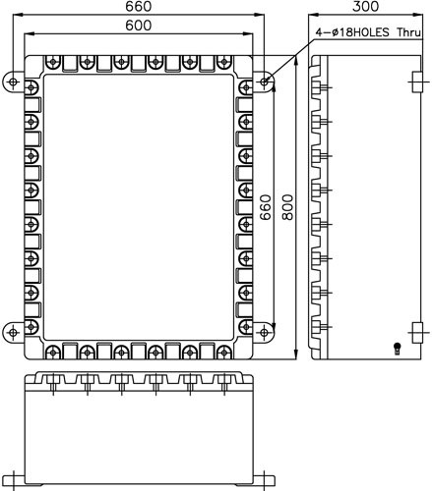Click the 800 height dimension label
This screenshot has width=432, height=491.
point(287,207)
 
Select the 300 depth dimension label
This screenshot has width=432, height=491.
point(365,6)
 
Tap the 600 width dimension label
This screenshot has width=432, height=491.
point(139,26)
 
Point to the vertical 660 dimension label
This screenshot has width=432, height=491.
point(266,207)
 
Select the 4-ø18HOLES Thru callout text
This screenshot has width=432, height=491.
point(368,32)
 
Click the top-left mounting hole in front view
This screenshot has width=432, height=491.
point(13,82)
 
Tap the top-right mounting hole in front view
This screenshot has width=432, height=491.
point(264,82)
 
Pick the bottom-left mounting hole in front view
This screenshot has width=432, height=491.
point(13,333)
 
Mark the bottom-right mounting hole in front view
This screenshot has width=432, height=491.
point(264,333)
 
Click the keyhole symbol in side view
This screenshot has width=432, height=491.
point(398,349)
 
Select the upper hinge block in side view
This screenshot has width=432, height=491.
point(416,82)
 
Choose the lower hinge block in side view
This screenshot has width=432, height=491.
point(416,333)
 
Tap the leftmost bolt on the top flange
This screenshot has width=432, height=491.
point(53,62)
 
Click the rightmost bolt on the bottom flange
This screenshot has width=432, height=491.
point(224,353)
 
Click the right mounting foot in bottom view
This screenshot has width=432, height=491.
point(264,480)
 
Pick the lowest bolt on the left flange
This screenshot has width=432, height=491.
point(31,327)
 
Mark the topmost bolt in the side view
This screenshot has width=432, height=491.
point(320,87)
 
